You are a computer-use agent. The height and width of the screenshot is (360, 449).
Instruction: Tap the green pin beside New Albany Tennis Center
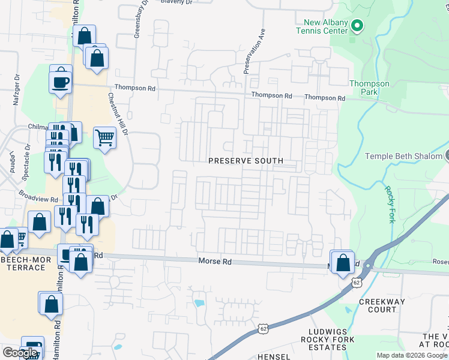tap(357, 26)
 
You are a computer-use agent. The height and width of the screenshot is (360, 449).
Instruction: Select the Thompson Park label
tap(369, 88)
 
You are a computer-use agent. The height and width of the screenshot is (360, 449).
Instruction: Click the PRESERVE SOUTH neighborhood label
tap(246, 161)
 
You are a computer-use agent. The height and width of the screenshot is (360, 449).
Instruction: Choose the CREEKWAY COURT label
tap(382, 305)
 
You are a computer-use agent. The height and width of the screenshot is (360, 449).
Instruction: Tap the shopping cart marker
tap(104, 138)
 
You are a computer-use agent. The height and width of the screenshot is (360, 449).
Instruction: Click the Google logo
tap(20, 353)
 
